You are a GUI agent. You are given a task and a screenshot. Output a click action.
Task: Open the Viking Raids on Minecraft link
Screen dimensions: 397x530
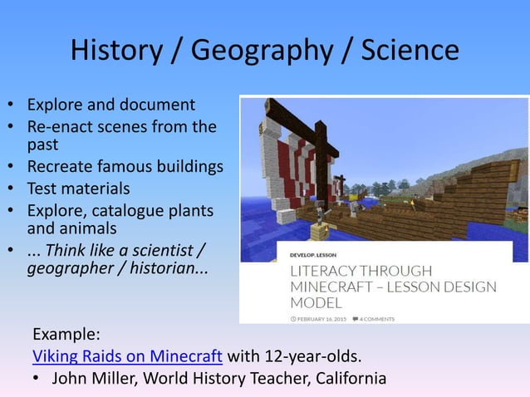point(127,357)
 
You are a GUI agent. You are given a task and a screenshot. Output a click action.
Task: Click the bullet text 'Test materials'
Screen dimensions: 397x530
point(79,188)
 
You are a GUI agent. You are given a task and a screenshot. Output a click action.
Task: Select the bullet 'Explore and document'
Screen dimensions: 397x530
point(111,105)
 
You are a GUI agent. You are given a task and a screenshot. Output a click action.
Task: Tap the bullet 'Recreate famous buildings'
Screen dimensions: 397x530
point(125,167)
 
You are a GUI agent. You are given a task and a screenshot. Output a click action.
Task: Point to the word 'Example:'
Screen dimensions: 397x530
point(66,336)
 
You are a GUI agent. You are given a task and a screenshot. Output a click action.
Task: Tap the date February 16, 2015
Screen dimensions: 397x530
point(319,318)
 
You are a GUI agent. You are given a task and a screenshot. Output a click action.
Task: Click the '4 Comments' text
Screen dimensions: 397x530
point(377,318)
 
